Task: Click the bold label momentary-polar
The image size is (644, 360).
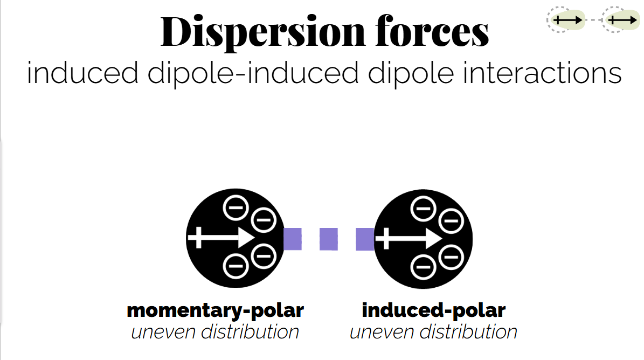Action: coord(215,310)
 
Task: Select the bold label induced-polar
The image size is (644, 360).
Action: coord(434,310)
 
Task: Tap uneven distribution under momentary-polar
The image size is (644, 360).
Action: coord(215,331)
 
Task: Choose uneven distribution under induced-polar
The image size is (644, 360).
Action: coord(434,331)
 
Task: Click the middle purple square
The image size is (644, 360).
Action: coord(329,239)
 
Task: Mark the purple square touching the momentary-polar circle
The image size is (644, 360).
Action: coord(293,239)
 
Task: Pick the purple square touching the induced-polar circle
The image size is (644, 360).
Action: coord(365,239)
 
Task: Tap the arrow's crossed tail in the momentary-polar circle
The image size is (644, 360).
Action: coord(198,238)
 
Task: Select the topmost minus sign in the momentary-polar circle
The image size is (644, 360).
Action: coord(236,207)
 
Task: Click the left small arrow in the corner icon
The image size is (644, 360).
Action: coord(568,20)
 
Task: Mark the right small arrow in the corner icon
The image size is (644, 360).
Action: coord(621,20)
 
